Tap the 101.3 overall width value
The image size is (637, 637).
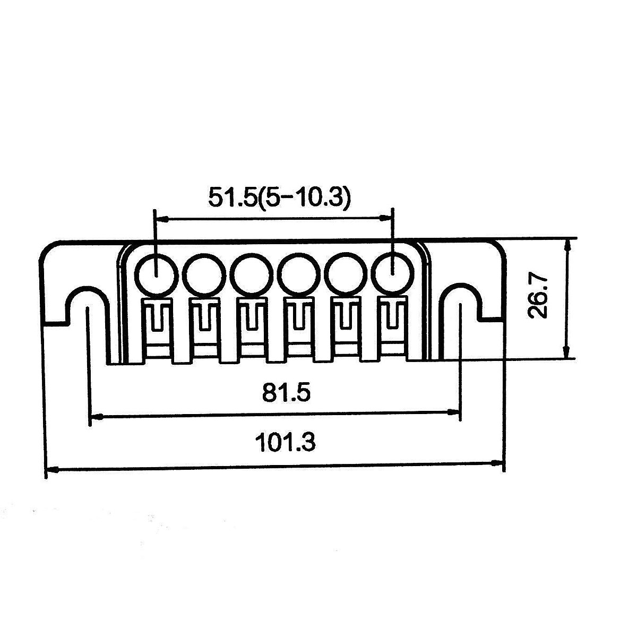(285, 442)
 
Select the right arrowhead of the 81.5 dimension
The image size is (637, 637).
(452, 411)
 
